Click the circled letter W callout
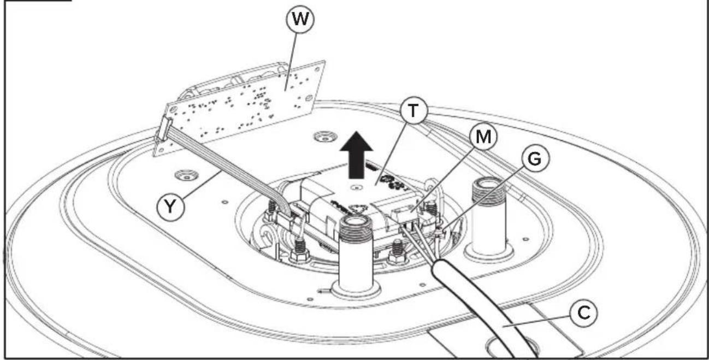tap(300, 19)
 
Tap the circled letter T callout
tap(413, 110)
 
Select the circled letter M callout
tap(483, 137)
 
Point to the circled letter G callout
tap(535, 158)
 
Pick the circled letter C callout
tap(583, 313)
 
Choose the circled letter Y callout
tap(170, 207)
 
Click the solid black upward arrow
tap(357, 155)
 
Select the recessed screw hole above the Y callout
tap(187, 175)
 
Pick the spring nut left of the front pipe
tap(299, 251)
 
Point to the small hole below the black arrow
tap(357, 188)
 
